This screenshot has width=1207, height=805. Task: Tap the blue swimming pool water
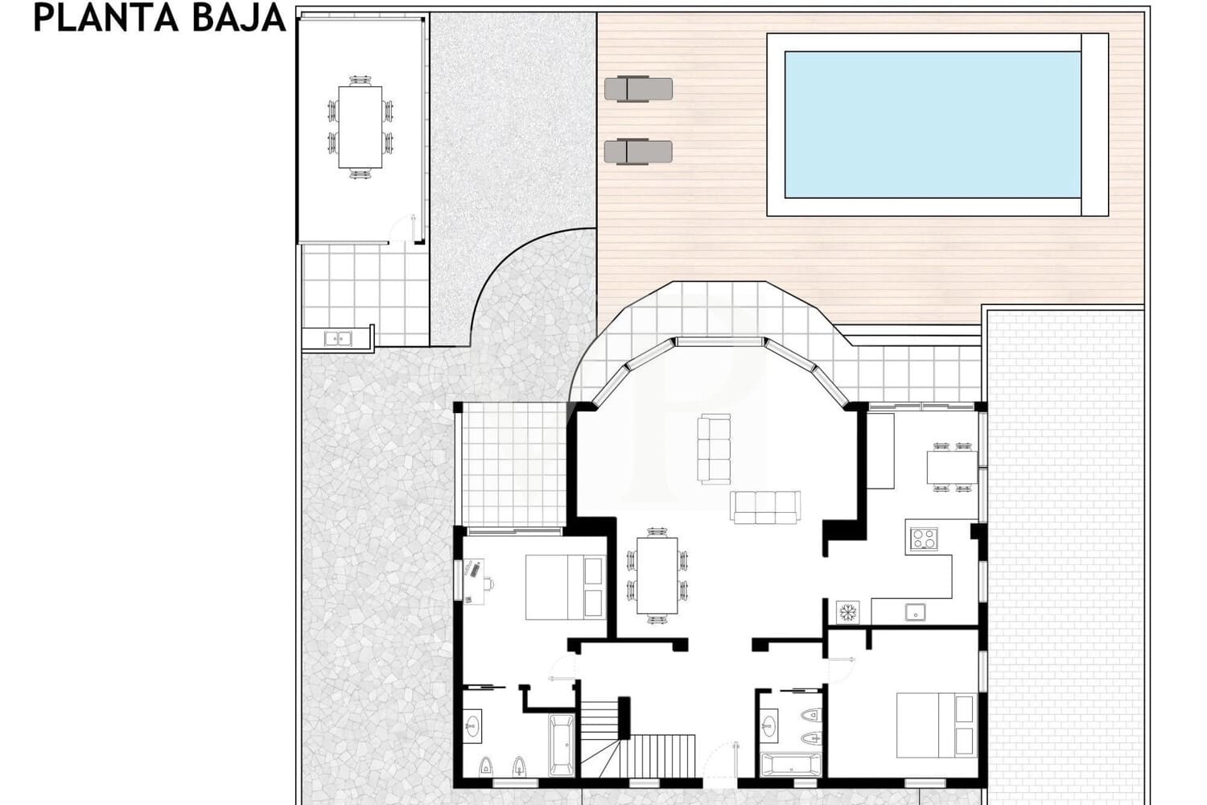click(x=932, y=125)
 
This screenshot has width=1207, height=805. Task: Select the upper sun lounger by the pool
click(x=638, y=88)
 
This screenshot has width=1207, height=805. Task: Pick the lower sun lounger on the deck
click(x=638, y=151)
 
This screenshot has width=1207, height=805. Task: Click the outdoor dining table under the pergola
click(x=360, y=126)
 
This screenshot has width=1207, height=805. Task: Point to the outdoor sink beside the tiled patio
click(x=339, y=339)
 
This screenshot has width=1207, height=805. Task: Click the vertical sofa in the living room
click(x=714, y=448)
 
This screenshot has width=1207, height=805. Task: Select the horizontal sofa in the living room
click(x=765, y=506)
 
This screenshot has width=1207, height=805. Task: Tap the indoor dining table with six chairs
click(x=657, y=576)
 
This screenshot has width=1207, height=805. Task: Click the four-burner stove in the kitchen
click(x=923, y=539)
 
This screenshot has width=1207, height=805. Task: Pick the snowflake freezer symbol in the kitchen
click(x=847, y=613)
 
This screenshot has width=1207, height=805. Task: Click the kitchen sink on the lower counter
click(x=915, y=613)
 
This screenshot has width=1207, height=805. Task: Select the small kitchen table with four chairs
click(x=952, y=467)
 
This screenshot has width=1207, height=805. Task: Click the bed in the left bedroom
click(x=564, y=587)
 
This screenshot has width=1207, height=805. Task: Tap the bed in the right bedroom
click(x=937, y=724)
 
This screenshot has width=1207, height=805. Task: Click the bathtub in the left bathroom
click(x=561, y=745)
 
